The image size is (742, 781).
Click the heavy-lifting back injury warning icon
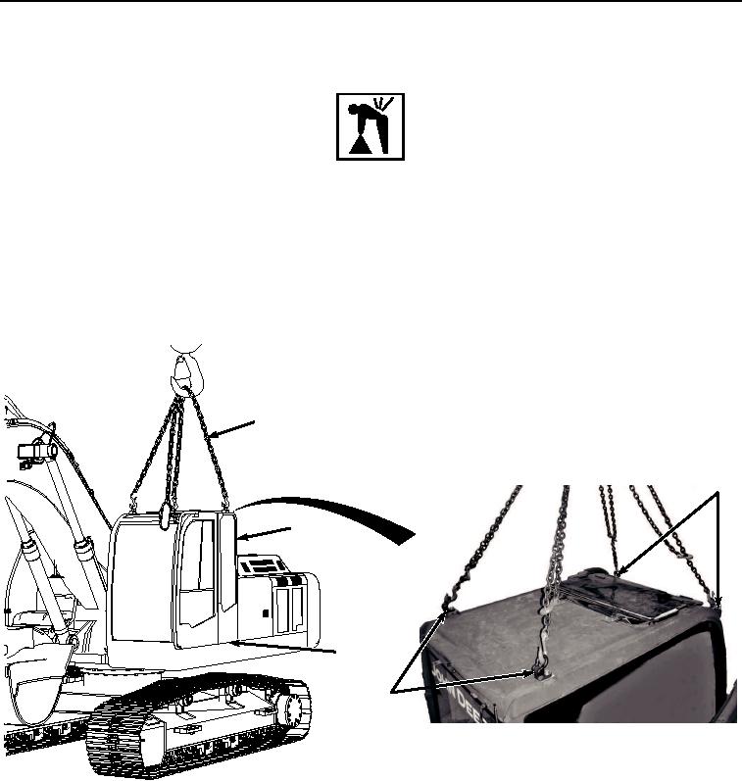[370, 126]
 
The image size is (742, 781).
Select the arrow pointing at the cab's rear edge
[265, 533]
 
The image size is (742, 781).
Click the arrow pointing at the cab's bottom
[294, 648]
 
